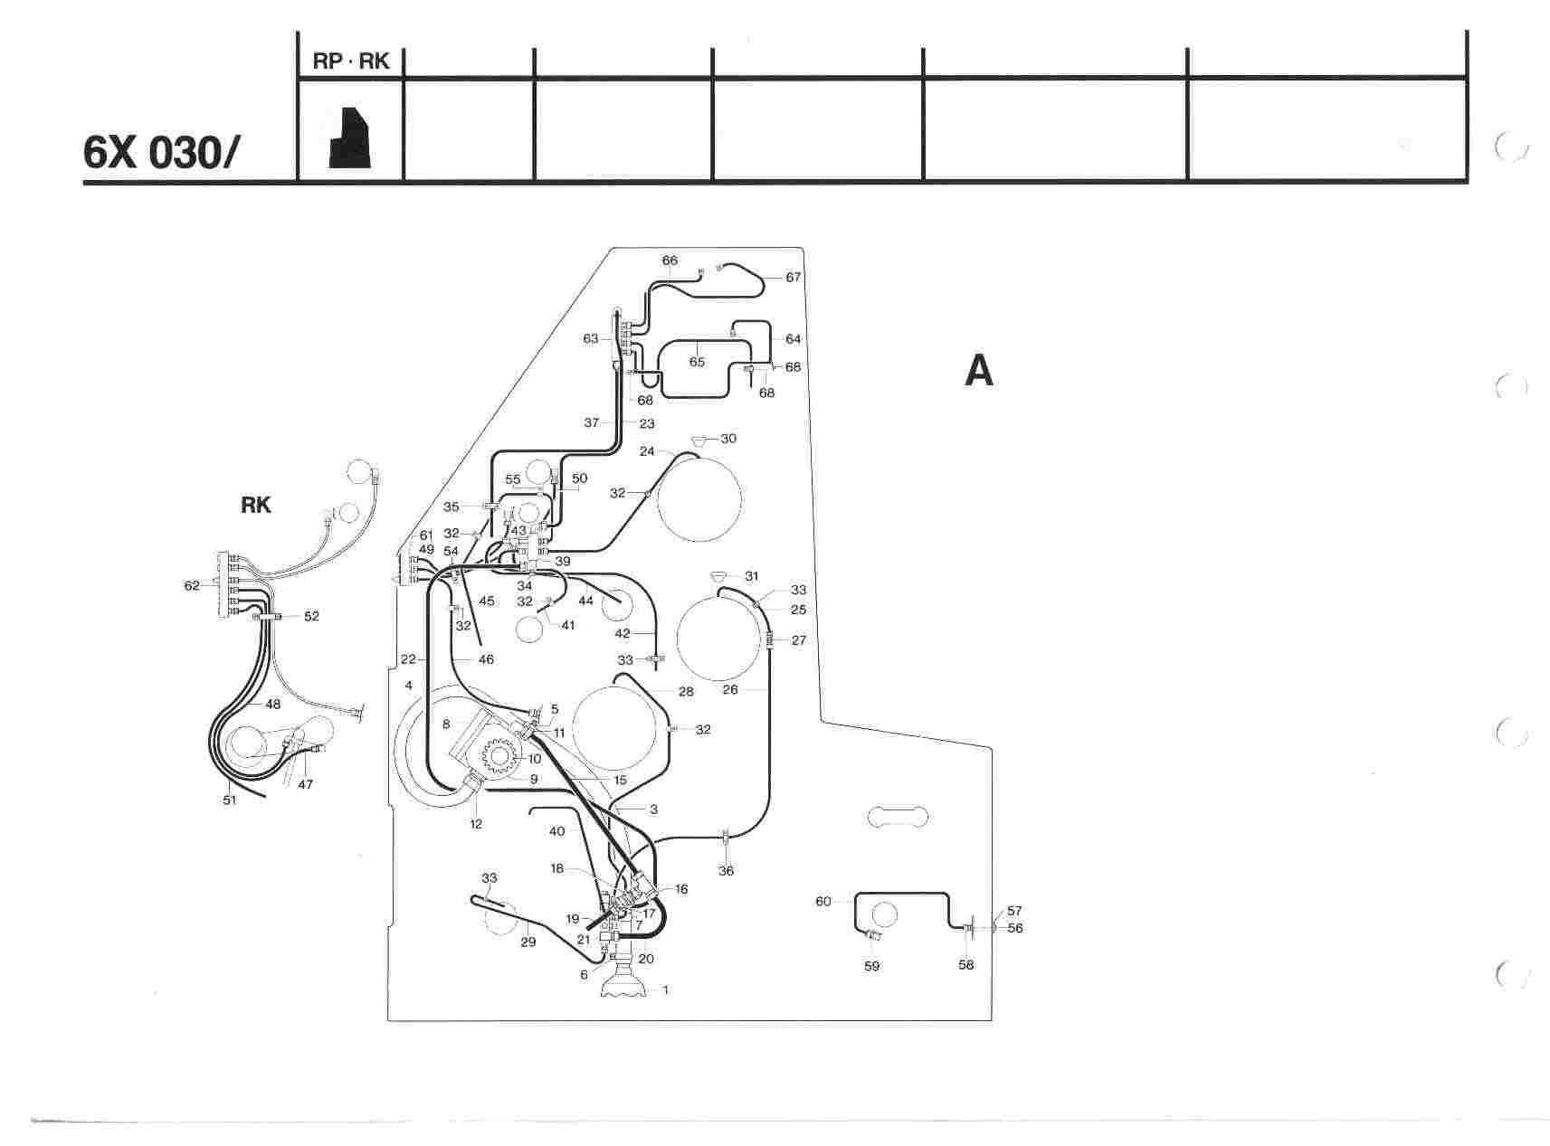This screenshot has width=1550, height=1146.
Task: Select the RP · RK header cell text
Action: point(351,62)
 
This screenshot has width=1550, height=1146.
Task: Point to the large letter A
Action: point(979,371)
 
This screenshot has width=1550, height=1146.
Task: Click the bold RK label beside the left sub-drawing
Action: point(256,505)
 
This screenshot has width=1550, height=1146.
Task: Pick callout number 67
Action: point(794,277)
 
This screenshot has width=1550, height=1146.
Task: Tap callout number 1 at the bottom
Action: point(666,990)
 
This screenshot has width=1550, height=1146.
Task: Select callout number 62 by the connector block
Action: point(192,585)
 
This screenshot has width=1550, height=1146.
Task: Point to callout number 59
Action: point(871,966)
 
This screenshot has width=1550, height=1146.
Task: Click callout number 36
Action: point(726,871)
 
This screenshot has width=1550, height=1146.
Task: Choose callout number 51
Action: point(230,800)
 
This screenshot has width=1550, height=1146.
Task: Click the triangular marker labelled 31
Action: point(718,576)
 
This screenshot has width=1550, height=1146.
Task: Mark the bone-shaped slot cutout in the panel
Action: point(897,816)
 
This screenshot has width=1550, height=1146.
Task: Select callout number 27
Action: point(799,640)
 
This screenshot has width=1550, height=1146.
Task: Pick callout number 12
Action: point(476,823)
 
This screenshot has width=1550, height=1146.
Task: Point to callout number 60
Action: point(823,901)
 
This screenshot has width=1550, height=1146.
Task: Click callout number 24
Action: point(648,450)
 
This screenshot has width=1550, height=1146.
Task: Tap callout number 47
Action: point(306,784)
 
